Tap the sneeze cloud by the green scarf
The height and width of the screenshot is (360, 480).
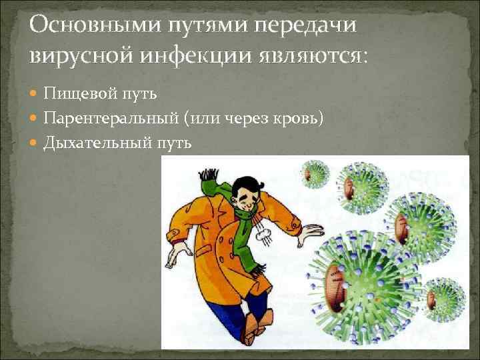(x=262, y=235)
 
